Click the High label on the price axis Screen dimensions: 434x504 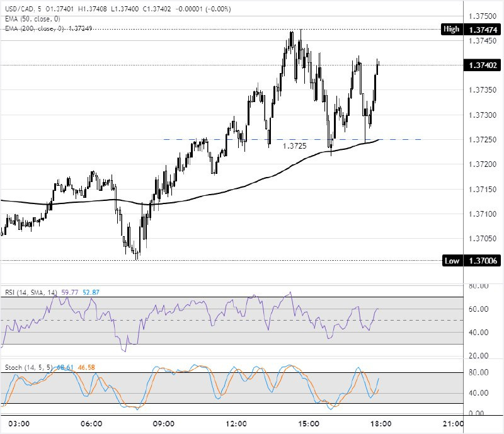(x=451, y=29)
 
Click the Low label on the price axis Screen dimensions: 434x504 (x=451, y=261)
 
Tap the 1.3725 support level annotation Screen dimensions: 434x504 (x=294, y=146)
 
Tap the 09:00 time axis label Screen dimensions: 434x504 (x=164, y=425)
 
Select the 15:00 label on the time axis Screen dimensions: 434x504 (x=309, y=425)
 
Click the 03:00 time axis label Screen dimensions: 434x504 (x=20, y=425)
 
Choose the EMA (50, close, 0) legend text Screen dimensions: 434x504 (x=31, y=20)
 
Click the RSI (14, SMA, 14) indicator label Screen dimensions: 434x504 (x=31, y=292)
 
